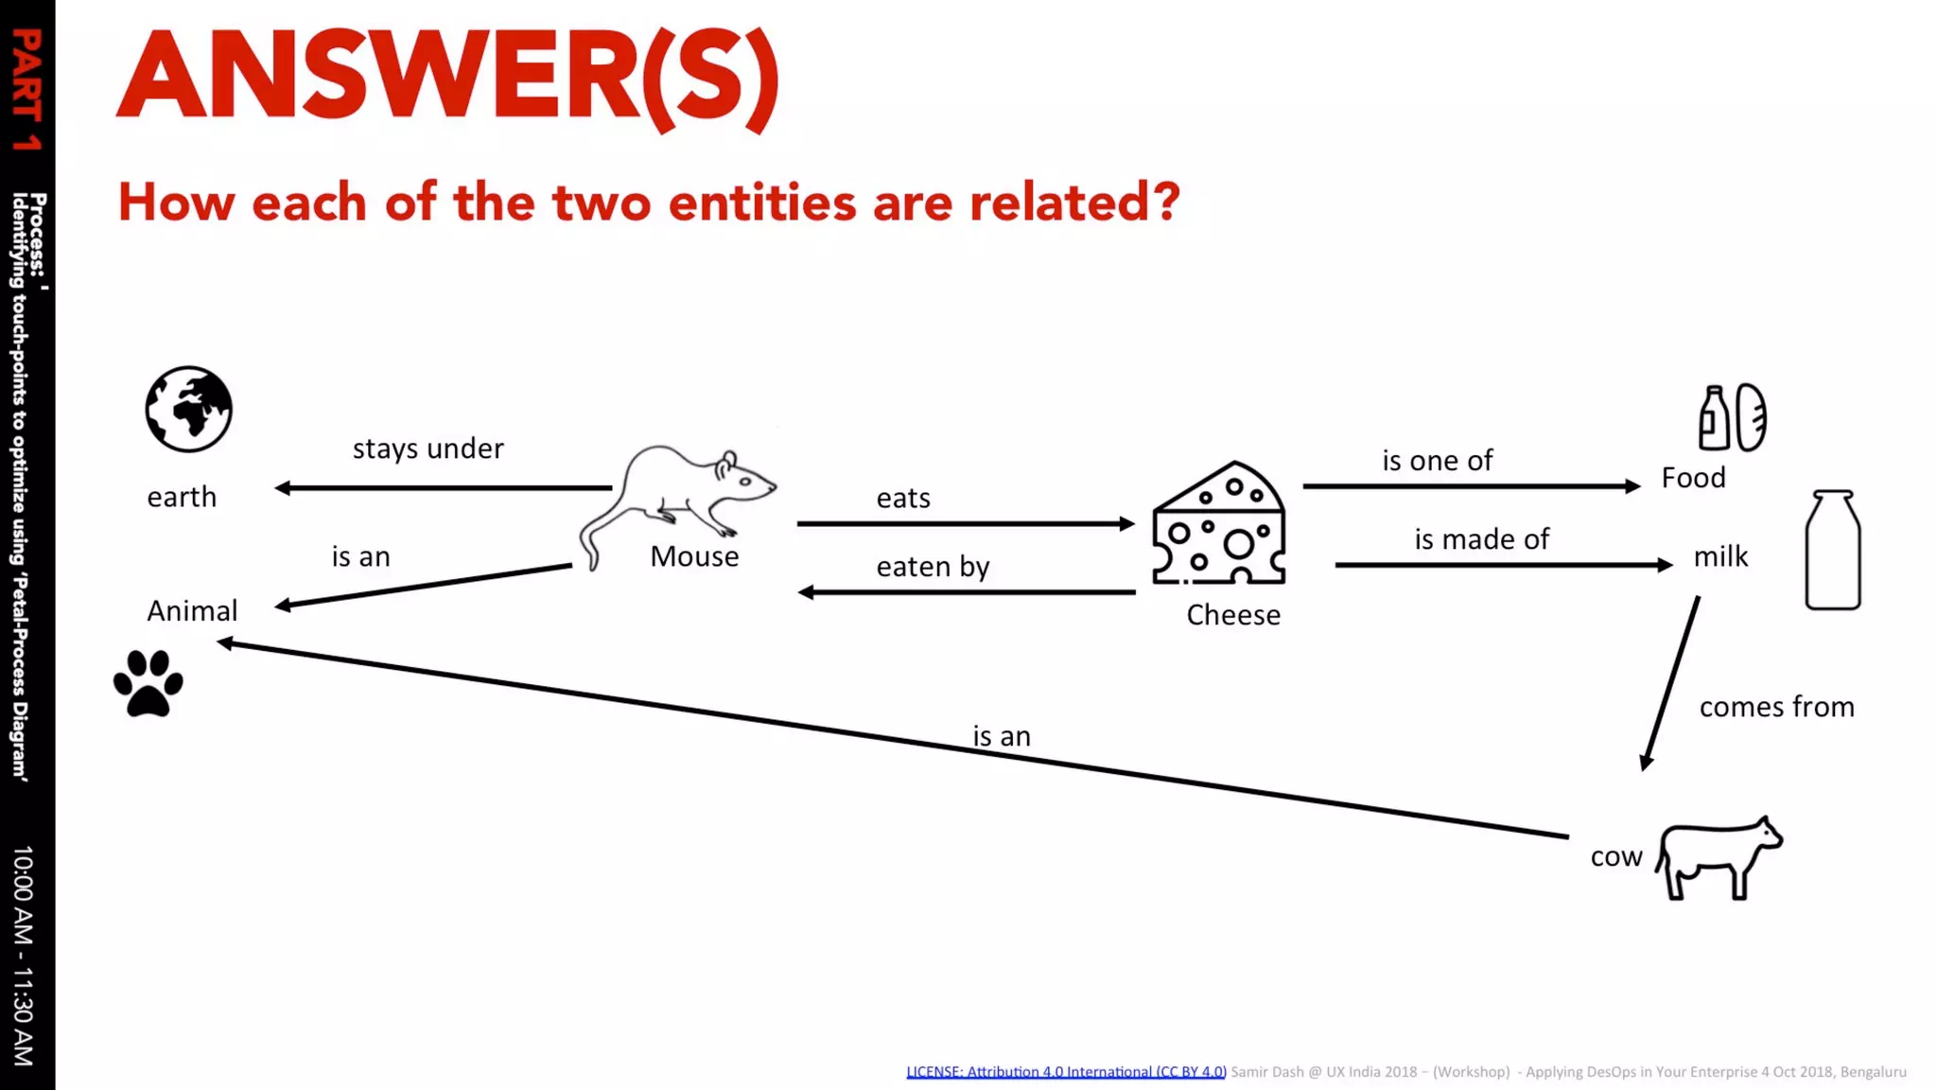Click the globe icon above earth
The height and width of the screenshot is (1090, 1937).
click(188, 409)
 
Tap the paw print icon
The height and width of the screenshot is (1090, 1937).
click(148, 683)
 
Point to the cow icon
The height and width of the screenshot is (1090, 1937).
click(1719, 856)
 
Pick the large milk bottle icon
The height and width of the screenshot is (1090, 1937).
click(1832, 550)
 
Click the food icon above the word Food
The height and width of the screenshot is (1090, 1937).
click(1732, 417)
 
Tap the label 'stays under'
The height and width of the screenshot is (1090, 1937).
click(428, 448)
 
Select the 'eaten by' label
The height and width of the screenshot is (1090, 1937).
click(933, 567)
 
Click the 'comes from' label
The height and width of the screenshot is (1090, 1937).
click(1776, 707)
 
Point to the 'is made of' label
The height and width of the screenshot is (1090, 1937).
click(1481, 539)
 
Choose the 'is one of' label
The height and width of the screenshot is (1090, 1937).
click(1437, 461)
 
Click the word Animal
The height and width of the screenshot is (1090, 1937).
click(192, 611)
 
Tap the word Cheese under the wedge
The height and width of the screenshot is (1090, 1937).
click(1233, 615)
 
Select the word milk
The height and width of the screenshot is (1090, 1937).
click(1720, 556)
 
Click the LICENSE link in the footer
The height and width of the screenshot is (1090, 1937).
click(1066, 1072)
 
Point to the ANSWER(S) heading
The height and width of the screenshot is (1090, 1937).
click(447, 78)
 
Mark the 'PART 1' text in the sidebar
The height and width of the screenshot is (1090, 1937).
click(26, 90)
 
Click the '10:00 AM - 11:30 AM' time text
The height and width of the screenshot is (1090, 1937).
click(24, 956)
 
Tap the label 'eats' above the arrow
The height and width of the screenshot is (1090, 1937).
click(903, 498)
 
